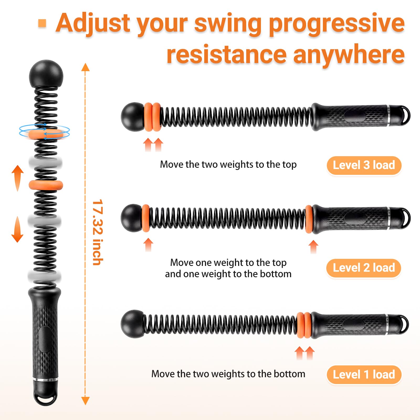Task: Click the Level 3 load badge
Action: (x=364, y=165)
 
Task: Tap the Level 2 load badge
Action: (x=364, y=268)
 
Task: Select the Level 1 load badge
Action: (x=364, y=375)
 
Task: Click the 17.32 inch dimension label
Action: (x=98, y=232)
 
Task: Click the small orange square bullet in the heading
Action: (x=42, y=23)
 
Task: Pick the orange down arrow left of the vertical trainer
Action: (x=17, y=229)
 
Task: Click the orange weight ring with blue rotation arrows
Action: (x=45, y=134)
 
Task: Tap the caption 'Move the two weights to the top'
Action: (x=228, y=165)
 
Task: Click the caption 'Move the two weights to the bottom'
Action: (x=228, y=374)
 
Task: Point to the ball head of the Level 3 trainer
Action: (x=133, y=117)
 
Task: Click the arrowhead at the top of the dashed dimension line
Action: (x=85, y=67)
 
